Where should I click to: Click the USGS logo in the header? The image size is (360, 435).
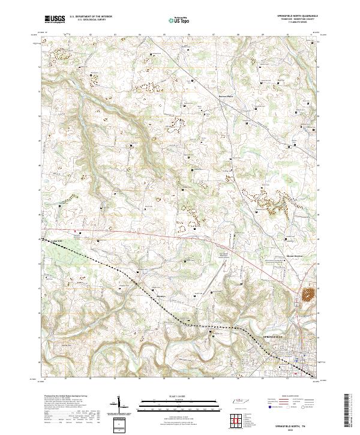pyautogui.click(x=55, y=19)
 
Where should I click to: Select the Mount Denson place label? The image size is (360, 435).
pyautogui.click(x=275, y=255)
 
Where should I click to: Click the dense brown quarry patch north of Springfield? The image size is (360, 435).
pyautogui.click(x=310, y=293)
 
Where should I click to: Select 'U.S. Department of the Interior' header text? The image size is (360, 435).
pyautogui.click(x=90, y=16)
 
